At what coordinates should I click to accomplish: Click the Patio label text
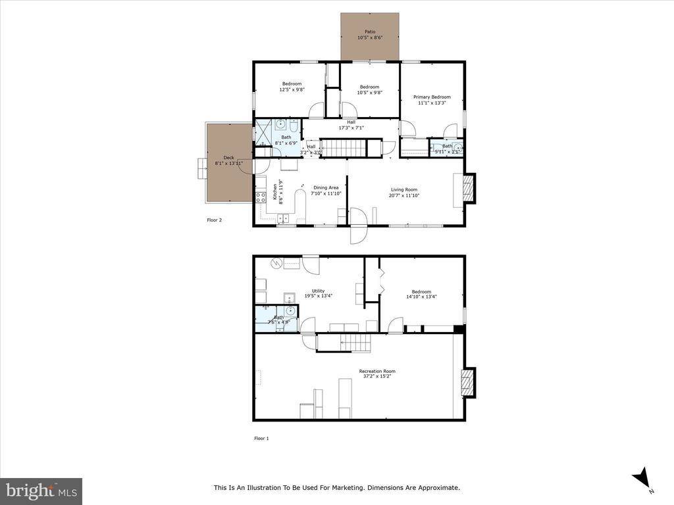pyautogui.click(x=369, y=31)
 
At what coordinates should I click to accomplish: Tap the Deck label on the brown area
pyautogui.click(x=228, y=157)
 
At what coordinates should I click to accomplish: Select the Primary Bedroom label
pyautogui.click(x=432, y=97)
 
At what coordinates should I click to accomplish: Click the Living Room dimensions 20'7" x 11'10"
pyautogui.click(x=404, y=195)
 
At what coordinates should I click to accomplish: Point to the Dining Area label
pyautogui.click(x=325, y=187)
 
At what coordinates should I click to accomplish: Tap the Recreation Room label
pyautogui.click(x=377, y=371)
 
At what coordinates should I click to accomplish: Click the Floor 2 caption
pyautogui.click(x=215, y=220)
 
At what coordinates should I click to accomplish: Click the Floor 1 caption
pyautogui.click(x=261, y=438)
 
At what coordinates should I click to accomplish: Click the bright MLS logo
pyautogui.click(x=41, y=491)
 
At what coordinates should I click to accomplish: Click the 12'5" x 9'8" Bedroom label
pyautogui.click(x=292, y=84)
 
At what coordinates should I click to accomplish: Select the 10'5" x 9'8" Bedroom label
pyautogui.click(x=369, y=87)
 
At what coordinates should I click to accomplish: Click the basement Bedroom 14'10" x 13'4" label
pyautogui.click(x=421, y=292)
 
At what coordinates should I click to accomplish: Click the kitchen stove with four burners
pyautogui.click(x=261, y=195)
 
